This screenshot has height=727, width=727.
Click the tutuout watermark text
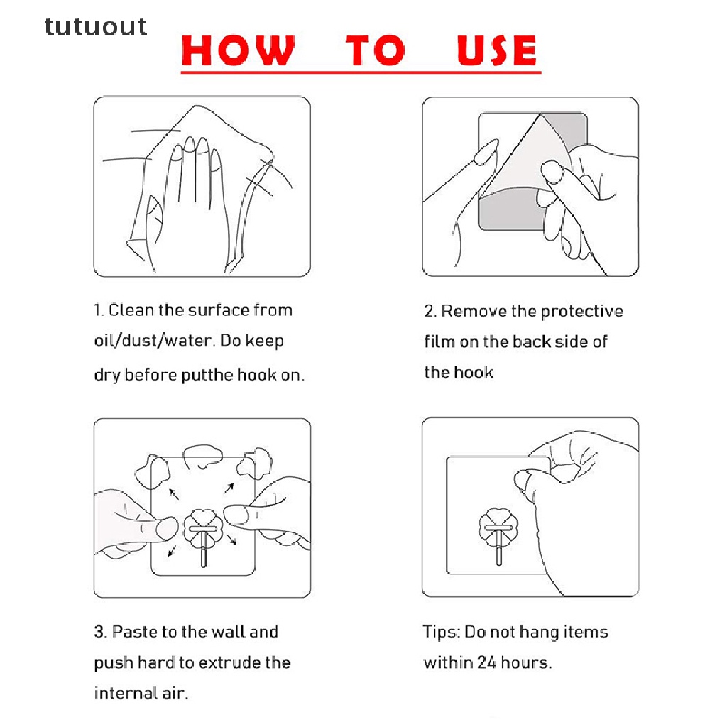click(96, 27)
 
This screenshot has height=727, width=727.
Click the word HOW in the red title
click(238, 50)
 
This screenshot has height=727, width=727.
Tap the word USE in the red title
click(496, 50)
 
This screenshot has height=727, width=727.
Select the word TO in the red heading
click(376, 50)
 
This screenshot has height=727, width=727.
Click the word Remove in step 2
click(474, 311)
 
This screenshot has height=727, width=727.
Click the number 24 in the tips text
click(487, 662)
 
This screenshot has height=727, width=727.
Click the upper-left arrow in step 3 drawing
click(174, 494)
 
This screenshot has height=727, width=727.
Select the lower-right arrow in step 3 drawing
click(232, 540)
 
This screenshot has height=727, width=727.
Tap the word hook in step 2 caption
click(474, 372)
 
